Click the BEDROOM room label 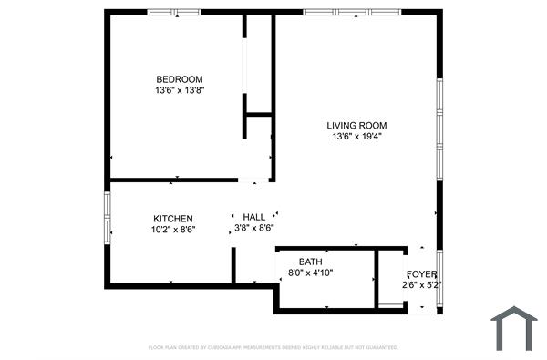[179, 79]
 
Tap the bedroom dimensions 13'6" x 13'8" [179, 91]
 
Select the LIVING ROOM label [357, 126]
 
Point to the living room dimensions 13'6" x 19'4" [357, 138]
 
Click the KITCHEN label [172, 219]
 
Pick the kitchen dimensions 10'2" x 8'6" [172, 231]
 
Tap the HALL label [254, 217]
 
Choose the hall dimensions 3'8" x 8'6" [254, 229]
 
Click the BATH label [310, 262]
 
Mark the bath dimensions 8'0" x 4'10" [310, 273]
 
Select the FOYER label [421, 274]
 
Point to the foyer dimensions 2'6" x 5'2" [421, 285]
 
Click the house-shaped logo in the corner [515, 327]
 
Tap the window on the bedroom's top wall [174, 12]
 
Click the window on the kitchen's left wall [108, 218]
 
